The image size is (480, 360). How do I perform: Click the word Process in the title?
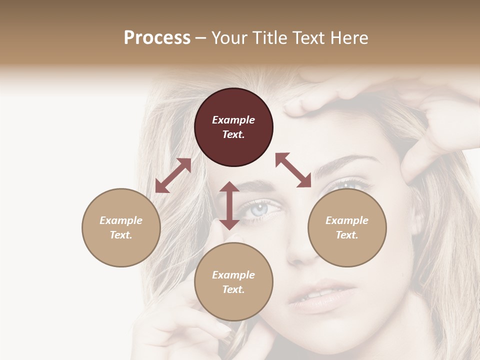157,37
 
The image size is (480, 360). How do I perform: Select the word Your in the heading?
228,37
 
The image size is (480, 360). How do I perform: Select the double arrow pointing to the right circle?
293,170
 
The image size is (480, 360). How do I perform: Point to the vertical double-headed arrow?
229,205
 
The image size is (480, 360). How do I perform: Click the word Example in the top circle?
233,120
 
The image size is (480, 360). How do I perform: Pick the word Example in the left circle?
121,220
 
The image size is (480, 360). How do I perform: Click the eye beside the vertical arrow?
260,208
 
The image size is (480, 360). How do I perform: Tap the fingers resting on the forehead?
320,100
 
